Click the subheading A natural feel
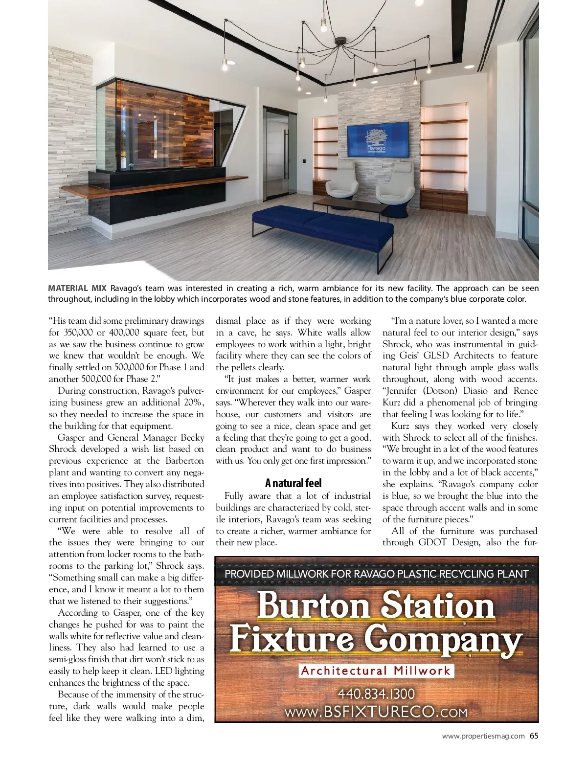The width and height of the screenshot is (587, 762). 293,483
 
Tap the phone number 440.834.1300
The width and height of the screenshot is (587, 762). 376,694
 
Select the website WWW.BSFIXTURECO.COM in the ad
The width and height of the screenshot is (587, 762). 376,712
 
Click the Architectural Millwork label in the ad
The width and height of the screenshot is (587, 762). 376,671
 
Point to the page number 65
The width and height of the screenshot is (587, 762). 534,736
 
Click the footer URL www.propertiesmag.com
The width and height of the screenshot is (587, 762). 483,736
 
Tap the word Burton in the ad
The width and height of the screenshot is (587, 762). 314,605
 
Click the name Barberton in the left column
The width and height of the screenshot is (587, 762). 184,461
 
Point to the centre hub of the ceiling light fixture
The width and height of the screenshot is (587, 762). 339,44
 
